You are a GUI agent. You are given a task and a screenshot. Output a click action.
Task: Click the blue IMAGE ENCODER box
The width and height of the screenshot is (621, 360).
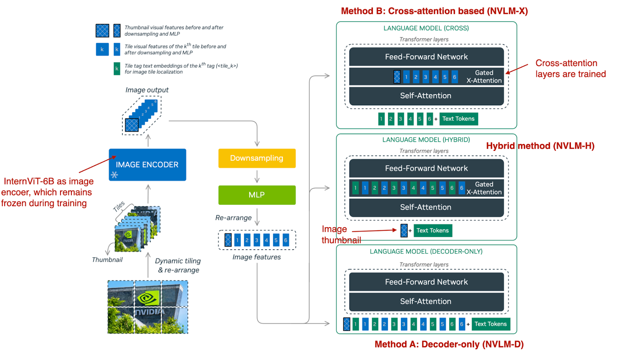(x=147, y=164)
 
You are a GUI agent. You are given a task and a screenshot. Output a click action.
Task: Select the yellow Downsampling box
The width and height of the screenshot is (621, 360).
(x=257, y=158)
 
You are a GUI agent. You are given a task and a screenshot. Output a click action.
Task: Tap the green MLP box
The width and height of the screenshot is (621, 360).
(x=257, y=195)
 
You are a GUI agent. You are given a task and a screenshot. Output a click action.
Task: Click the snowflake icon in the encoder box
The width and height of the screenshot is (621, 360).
(x=114, y=175)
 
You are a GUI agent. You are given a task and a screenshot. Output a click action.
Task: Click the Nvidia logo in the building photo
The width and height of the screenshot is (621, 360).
(x=148, y=298)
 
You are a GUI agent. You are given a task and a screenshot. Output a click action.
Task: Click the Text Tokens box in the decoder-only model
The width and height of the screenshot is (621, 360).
(x=491, y=324)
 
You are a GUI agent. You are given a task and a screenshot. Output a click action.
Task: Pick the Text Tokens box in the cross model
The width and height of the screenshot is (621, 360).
(x=458, y=119)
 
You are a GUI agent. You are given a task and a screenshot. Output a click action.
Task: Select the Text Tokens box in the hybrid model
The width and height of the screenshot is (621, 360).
(x=432, y=230)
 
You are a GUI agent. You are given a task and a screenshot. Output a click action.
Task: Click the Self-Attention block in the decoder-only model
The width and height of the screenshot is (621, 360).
(x=426, y=301)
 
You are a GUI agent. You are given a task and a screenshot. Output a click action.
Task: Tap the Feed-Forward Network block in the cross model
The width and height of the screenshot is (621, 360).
(x=426, y=57)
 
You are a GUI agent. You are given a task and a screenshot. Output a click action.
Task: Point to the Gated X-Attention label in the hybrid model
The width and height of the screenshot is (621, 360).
(x=484, y=188)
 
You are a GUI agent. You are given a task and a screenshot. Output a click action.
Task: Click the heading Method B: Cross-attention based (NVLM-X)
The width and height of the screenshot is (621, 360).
(x=434, y=11)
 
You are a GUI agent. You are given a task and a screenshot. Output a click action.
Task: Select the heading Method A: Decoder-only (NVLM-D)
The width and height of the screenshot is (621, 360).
(x=449, y=344)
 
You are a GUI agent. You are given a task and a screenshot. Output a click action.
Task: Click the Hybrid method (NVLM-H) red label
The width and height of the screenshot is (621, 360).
(x=540, y=146)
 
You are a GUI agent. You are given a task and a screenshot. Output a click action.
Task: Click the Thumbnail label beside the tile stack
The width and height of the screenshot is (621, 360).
(x=107, y=259)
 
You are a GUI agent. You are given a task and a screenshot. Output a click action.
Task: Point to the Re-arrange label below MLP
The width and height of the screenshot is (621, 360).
(x=233, y=218)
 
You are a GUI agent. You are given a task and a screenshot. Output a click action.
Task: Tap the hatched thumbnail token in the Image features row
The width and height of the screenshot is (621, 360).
(x=228, y=240)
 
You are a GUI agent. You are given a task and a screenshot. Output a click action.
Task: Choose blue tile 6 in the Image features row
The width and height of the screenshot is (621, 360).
(x=286, y=240)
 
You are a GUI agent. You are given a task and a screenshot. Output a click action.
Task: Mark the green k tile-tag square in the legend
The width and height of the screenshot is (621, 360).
(x=116, y=69)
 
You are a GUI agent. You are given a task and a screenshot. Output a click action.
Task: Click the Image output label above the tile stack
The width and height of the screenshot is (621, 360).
(x=147, y=90)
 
